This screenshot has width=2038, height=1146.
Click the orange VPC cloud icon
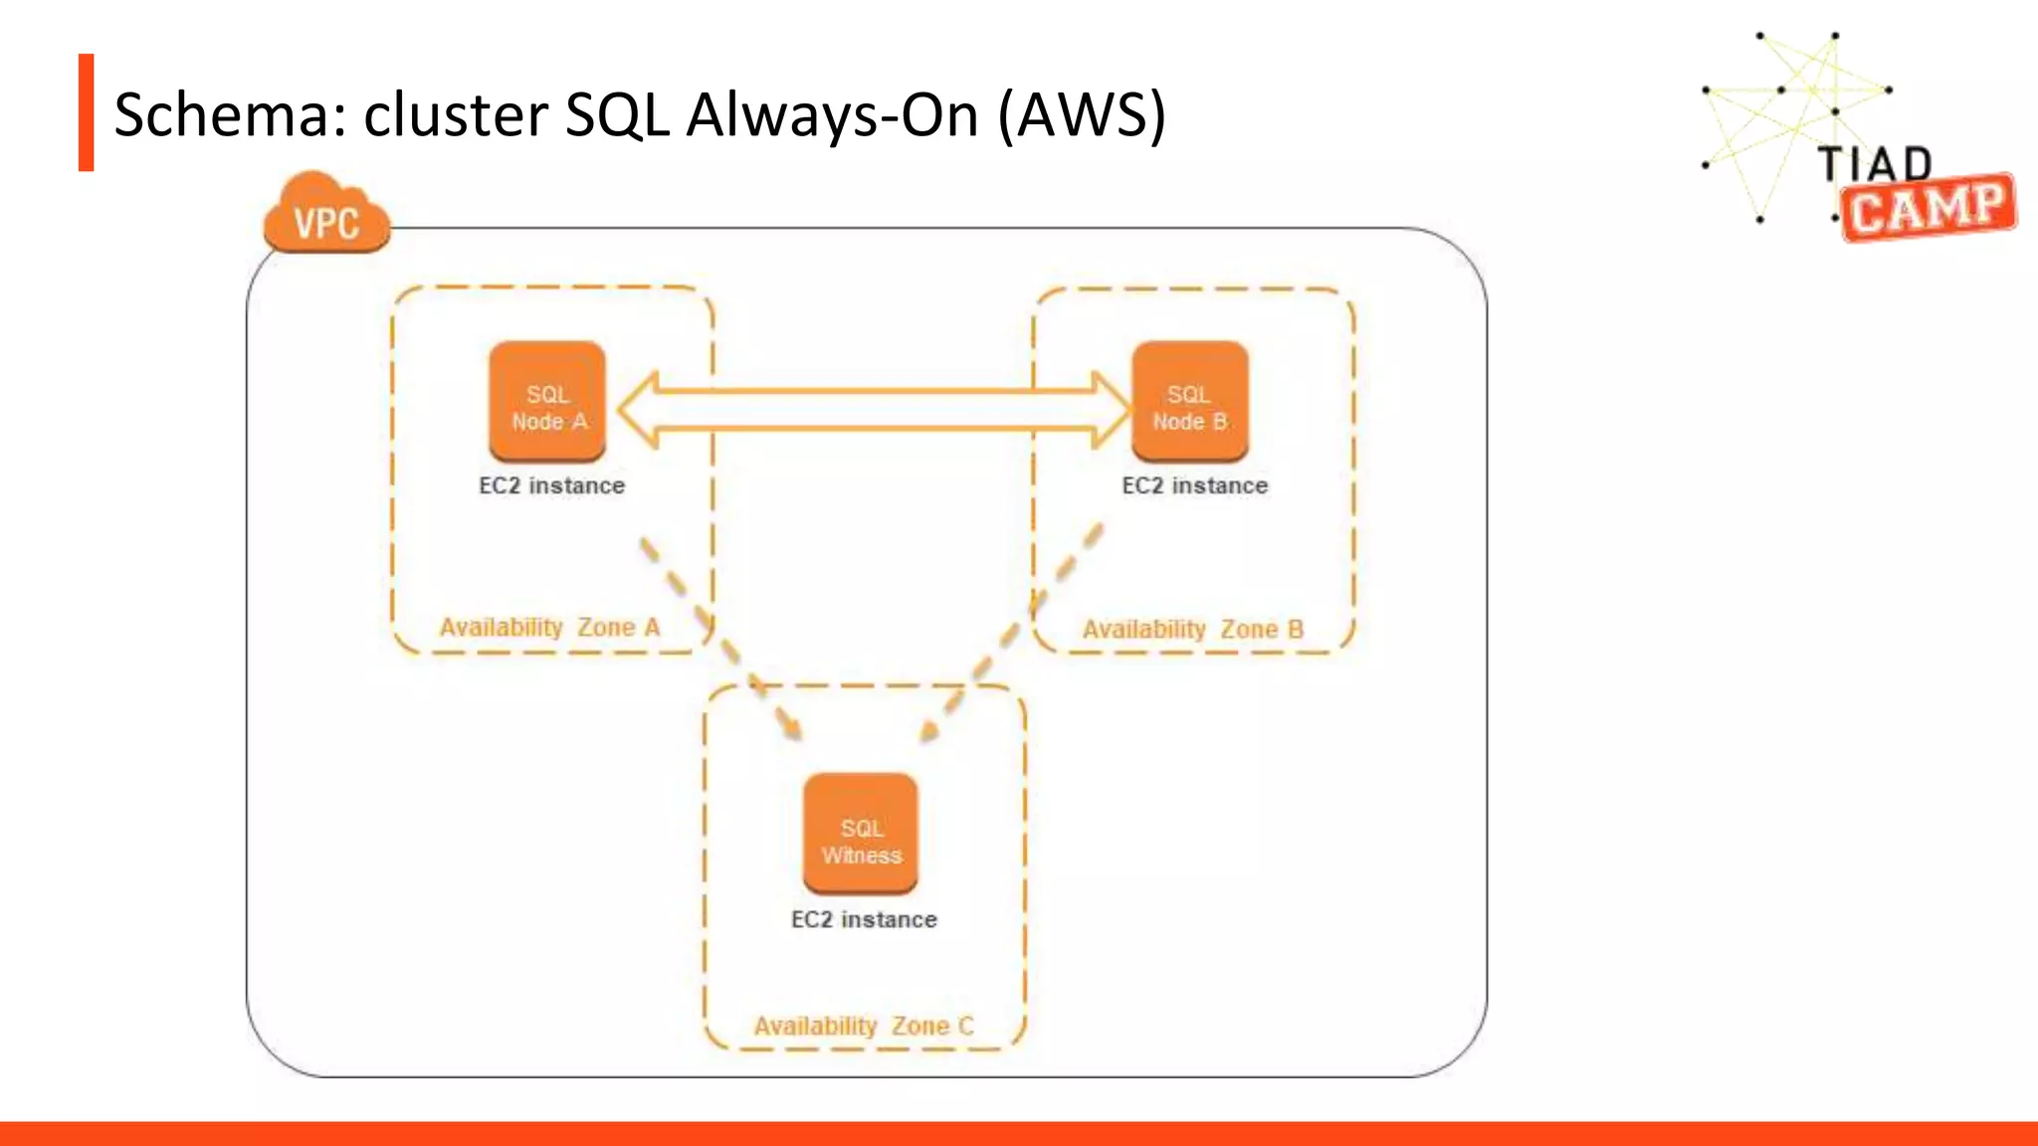326,217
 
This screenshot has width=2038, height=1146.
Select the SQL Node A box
547,402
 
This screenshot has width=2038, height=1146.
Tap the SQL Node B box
1190,402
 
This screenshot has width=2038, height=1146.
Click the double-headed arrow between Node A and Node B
874,409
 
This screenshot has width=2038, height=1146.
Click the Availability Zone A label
549,628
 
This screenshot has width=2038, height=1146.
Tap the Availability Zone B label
1192,630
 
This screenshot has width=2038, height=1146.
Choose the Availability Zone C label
863,1026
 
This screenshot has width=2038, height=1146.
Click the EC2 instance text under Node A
551,485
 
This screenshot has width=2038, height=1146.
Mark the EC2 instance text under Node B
1194,485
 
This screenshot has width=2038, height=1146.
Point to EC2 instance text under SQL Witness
864,919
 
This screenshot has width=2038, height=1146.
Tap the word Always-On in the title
833,114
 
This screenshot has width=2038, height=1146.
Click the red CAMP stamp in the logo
1928,209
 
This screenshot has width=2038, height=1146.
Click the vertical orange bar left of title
87,112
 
